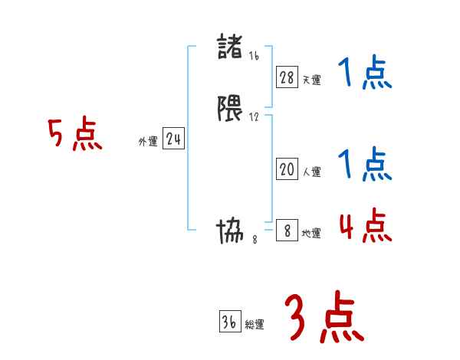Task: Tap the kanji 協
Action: (232, 231)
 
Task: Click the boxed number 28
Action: (287, 77)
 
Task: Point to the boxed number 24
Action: (173, 139)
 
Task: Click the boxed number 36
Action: (229, 322)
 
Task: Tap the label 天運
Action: (311, 80)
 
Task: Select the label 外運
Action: (147, 142)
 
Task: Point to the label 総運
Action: (255, 325)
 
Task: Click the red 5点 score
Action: (74, 135)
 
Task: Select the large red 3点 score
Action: (324, 317)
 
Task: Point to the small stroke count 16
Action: (255, 56)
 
